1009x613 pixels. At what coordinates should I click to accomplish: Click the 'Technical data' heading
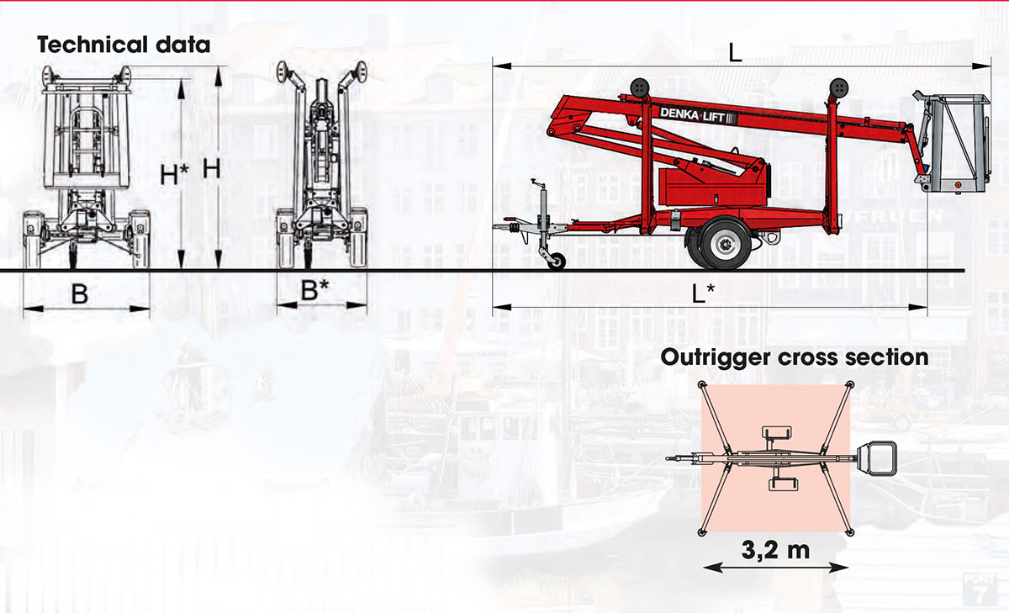tap(123, 45)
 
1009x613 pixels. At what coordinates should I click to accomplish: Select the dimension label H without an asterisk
tap(212, 168)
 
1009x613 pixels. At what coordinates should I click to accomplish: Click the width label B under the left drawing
tap(79, 293)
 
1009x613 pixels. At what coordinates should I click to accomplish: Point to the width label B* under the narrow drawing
tap(316, 291)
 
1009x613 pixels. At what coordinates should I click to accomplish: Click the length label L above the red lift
tap(735, 53)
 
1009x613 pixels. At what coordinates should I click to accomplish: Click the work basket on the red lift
tap(954, 143)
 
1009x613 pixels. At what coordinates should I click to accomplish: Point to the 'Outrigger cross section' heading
tap(795, 357)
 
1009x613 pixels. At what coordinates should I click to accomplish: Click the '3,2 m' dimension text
tap(775, 552)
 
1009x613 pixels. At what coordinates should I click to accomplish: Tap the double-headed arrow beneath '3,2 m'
tap(775, 568)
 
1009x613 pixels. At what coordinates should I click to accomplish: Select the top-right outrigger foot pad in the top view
tap(849, 384)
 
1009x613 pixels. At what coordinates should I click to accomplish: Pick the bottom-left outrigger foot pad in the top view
tap(702, 532)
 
